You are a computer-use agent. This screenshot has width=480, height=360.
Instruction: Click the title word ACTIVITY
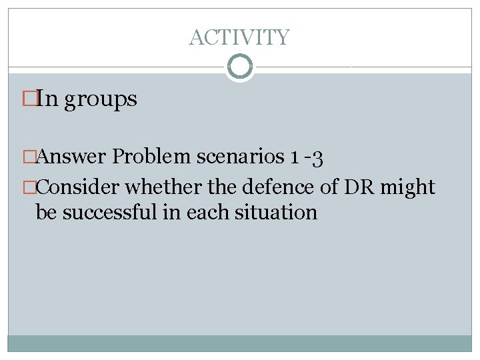(239, 37)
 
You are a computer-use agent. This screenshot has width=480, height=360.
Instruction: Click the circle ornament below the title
(239, 66)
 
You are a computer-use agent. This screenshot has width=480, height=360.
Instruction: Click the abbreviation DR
(359, 188)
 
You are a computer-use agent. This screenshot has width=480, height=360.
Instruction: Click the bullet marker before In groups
(27, 99)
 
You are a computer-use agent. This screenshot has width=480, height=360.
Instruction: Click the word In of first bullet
(47, 99)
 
